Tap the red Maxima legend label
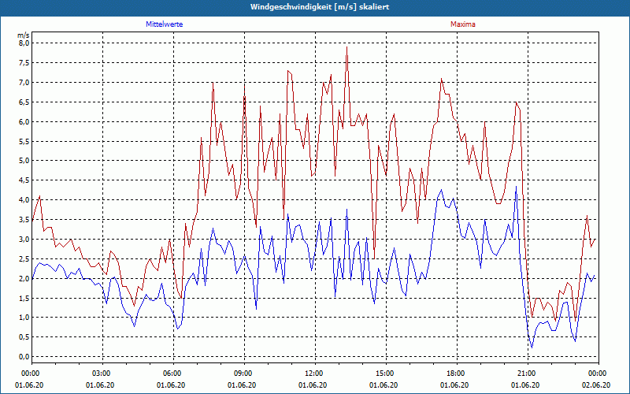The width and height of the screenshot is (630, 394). click(463, 25)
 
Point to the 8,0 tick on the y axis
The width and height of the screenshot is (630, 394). click(24, 43)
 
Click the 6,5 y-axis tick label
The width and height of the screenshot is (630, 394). click(24, 102)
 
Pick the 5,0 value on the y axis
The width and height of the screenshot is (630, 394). click(24, 161)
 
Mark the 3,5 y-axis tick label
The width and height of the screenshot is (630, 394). click(24, 220)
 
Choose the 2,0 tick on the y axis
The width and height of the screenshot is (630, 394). click(24, 278)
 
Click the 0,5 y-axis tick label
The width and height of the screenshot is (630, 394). click(24, 337)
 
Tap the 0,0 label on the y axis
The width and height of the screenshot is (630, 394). click(24, 357)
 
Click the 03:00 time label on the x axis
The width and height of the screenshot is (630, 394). click(102, 374)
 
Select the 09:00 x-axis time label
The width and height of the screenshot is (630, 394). click(243, 374)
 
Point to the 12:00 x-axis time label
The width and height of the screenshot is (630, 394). click(313, 374)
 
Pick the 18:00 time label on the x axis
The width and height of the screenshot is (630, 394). click(455, 374)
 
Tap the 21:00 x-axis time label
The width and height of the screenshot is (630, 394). click(526, 374)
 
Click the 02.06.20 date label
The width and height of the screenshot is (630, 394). click(597, 385)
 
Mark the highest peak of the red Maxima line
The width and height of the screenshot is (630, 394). click(346, 47)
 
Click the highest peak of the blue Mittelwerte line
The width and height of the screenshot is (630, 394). click(516, 187)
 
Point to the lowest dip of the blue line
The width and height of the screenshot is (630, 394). click(532, 348)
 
